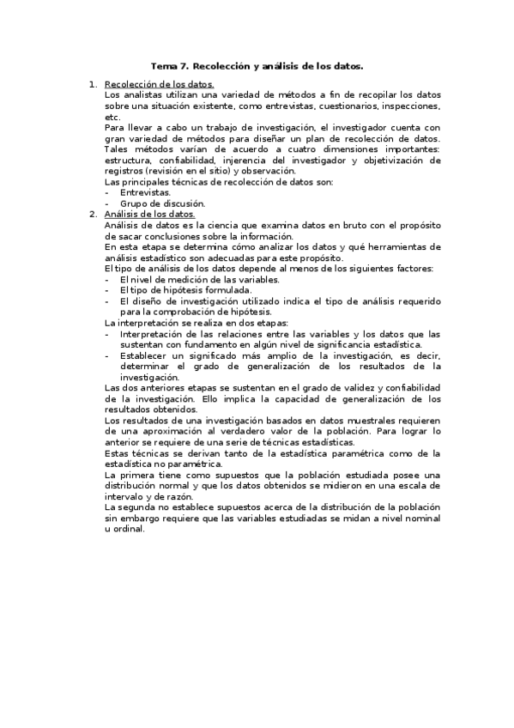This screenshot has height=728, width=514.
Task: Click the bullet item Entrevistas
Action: [x=145, y=193]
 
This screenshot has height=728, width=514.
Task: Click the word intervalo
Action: [x=126, y=496]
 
